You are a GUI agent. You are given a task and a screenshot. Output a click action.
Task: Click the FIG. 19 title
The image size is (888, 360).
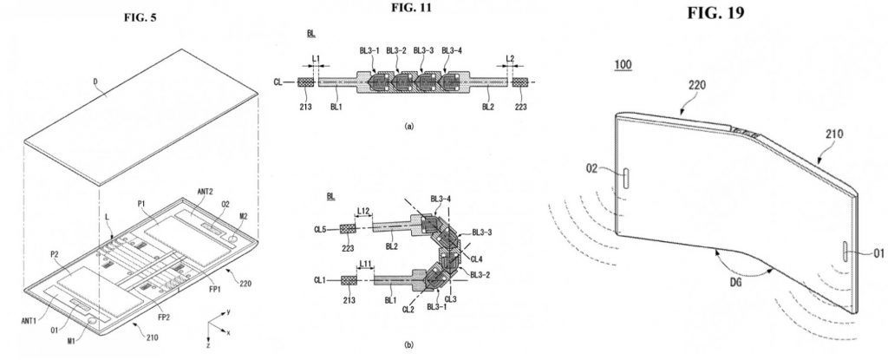[x=715, y=12]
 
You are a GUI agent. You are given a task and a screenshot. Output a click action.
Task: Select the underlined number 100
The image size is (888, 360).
[x=624, y=65]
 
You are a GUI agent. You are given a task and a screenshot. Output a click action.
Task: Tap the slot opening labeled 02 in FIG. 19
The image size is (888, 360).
[x=626, y=177]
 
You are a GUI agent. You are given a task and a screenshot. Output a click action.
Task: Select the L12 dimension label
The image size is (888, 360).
[x=364, y=211]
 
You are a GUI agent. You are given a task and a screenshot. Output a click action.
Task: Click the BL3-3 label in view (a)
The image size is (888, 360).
[x=422, y=50]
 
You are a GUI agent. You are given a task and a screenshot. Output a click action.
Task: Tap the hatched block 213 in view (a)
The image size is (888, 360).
[x=306, y=82]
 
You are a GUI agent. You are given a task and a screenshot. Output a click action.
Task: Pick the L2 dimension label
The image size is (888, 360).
[x=510, y=58]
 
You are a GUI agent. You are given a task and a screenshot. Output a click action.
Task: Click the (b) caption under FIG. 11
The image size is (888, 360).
[x=408, y=344]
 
